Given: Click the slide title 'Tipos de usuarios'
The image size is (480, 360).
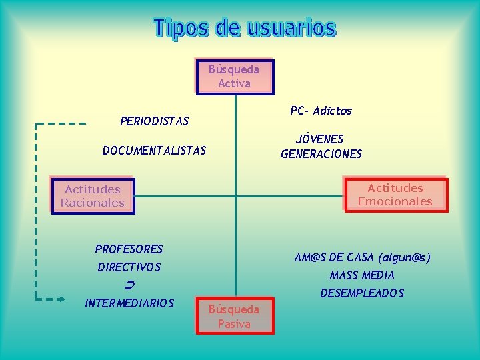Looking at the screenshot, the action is pyautogui.click(x=245, y=29).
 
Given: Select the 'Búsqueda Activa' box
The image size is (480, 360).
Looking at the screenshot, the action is pyautogui.click(x=234, y=76).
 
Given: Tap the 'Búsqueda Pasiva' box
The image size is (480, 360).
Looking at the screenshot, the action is pyautogui.click(x=234, y=316).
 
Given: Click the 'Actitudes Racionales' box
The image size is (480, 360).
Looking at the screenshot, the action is pyautogui.click(x=93, y=196).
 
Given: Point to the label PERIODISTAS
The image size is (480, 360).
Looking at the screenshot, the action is pyautogui.click(x=154, y=121).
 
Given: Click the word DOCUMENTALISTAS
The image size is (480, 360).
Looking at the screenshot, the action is pyautogui.click(x=154, y=151).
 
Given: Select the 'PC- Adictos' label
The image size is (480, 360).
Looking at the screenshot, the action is pyautogui.click(x=321, y=111).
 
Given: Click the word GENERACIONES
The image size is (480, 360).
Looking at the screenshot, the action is pyautogui.click(x=321, y=154).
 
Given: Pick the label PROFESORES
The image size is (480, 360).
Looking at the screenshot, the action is pyautogui.click(x=129, y=249).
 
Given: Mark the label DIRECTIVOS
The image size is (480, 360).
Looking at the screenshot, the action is pyautogui.click(x=129, y=267).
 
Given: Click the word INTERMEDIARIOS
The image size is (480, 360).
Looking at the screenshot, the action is pyautogui.click(x=129, y=303).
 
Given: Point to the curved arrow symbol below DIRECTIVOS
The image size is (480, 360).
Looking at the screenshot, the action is pyautogui.click(x=130, y=285).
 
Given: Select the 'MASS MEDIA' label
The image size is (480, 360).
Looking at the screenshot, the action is pyautogui.click(x=362, y=275).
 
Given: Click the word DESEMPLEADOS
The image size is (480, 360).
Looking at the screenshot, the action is pyautogui.click(x=362, y=293).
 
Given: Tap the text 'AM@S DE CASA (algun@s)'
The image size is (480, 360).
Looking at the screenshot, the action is pyautogui.click(x=362, y=257).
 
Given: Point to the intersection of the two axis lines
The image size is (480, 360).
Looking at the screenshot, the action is pyautogui.click(x=235, y=196).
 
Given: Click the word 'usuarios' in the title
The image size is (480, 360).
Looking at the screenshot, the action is pyautogui.click(x=291, y=29).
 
